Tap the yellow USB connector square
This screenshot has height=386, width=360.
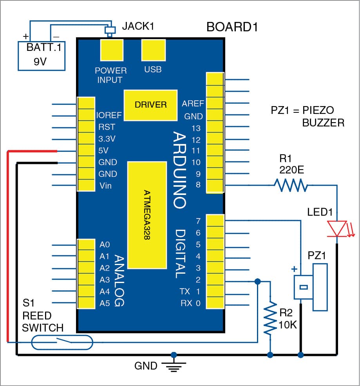coord(152,50)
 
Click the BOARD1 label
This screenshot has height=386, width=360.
coord(232,28)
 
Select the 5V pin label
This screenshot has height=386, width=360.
coord(104,151)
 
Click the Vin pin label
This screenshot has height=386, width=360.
coord(105,186)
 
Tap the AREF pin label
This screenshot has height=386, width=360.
coord(193,104)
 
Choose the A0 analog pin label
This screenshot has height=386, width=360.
coord(105,245)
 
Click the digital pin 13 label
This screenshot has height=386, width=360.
coord(196,128)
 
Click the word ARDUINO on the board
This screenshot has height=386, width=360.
coord(179,170)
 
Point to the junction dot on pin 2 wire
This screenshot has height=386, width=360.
coord(258,281)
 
